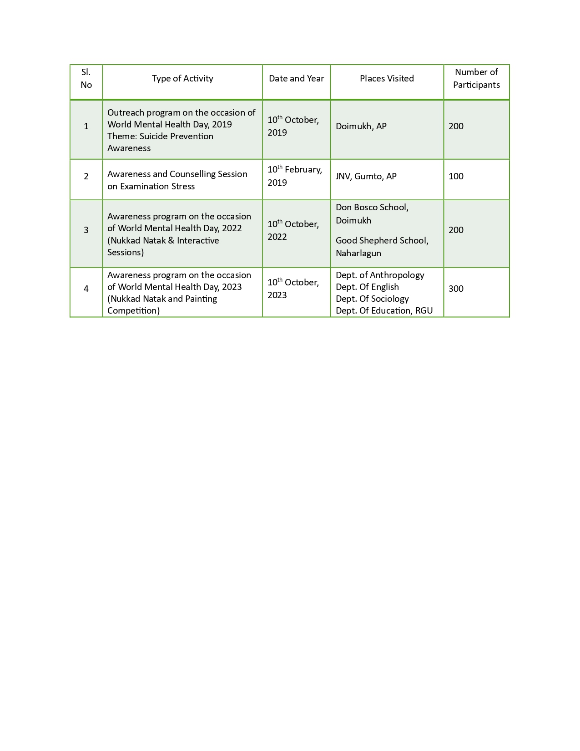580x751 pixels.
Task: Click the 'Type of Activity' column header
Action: tap(182, 79)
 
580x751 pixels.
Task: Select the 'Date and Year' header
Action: tap(296, 79)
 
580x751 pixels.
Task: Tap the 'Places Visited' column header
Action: tap(387, 79)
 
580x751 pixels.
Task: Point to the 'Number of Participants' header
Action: tap(476, 78)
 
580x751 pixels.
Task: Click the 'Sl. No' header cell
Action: tap(86, 78)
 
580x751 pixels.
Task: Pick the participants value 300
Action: tap(456, 289)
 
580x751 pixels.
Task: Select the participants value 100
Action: tap(456, 177)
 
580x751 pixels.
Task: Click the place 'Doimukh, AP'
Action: tap(361, 127)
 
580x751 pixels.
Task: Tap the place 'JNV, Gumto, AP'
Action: tap(366, 177)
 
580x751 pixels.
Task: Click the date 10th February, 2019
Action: tap(294, 176)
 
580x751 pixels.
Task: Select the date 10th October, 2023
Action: tap(293, 289)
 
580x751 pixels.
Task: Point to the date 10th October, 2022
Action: tap(293, 230)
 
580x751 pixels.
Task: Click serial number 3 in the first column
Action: tap(86, 230)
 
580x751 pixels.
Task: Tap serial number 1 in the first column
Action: tap(86, 127)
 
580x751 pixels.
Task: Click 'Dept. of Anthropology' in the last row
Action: tap(380, 275)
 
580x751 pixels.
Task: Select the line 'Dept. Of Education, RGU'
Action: tap(384, 311)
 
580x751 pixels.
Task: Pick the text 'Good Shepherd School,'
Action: tap(382, 241)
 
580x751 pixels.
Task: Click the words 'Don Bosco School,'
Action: tap(372, 208)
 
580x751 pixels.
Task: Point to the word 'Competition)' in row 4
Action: tap(133, 311)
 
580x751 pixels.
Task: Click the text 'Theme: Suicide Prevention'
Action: tap(160, 137)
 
